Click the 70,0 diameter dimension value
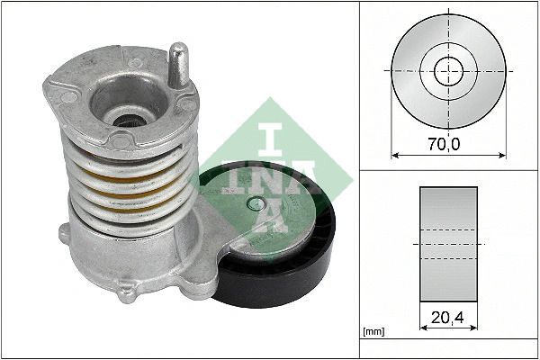tap(444, 143)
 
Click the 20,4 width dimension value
tap(447, 318)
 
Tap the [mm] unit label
tap(374, 332)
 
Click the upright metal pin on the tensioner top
tap(179, 66)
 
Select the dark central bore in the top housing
tap(129, 121)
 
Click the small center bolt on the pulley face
tap(256, 204)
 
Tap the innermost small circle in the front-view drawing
tap(448, 71)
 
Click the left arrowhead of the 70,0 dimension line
tap(395, 156)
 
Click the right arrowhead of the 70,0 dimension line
tap(502, 156)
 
